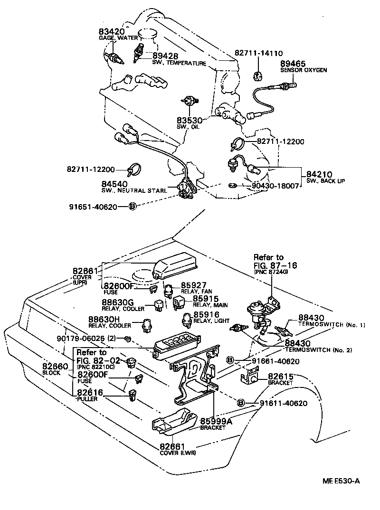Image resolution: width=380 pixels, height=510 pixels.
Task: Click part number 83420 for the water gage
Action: click(112, 32)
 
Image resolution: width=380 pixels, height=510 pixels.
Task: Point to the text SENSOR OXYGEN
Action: click(303, 70)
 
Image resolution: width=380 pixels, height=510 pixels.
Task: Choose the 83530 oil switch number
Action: click(190, 121)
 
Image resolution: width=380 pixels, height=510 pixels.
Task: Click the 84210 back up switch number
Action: click(319, 175)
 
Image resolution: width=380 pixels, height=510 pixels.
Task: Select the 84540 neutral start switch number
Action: click(114, 184)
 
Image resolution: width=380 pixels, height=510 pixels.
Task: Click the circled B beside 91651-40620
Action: click(133, 206)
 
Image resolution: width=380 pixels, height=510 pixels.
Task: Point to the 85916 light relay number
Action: click(206, 314)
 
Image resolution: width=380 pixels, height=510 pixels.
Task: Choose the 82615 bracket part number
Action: click(281, 376)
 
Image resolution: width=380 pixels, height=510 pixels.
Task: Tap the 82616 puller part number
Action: click(90, 392)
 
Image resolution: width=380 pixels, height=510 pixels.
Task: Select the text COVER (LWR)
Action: click(178, 453)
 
